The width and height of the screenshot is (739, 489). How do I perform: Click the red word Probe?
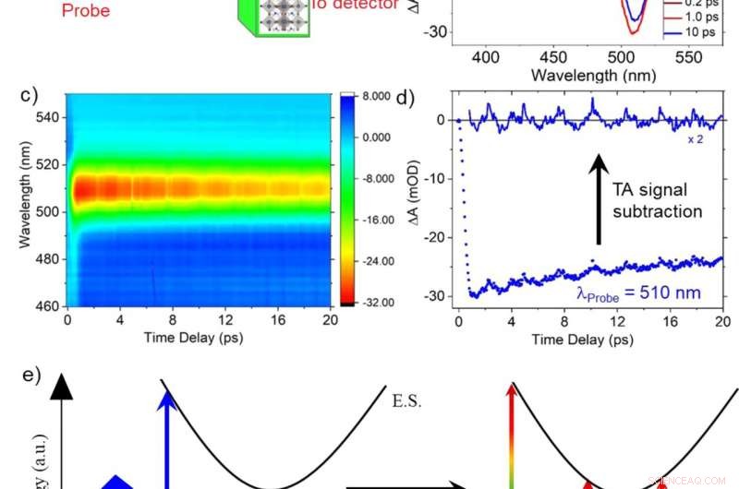(85, 12)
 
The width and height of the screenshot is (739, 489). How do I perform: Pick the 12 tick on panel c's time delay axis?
(222, 319)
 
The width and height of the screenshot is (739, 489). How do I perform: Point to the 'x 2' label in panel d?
(695, 139)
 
